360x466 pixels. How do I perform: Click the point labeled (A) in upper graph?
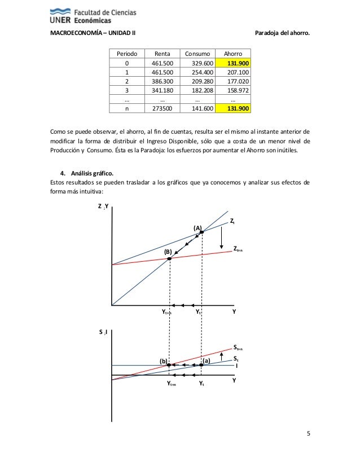(x=202, y=232)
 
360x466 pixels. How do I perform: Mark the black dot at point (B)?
(x=169, y=258)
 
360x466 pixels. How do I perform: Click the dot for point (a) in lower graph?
(x=201, y=365)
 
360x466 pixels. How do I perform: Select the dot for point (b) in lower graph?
(x=169, y=365)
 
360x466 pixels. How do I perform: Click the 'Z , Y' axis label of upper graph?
(x=103, y=206)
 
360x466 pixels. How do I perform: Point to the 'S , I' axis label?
(x=104, y=332)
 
